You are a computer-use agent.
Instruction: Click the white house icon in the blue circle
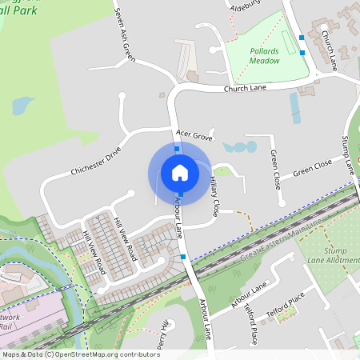click(180, 172)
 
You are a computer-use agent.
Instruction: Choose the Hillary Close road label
click(214, 197)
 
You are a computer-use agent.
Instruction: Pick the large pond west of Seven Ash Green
click(22, 106)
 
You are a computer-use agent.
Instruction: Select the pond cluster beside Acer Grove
click(240, 147)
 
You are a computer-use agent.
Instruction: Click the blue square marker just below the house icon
click(181, 194)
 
